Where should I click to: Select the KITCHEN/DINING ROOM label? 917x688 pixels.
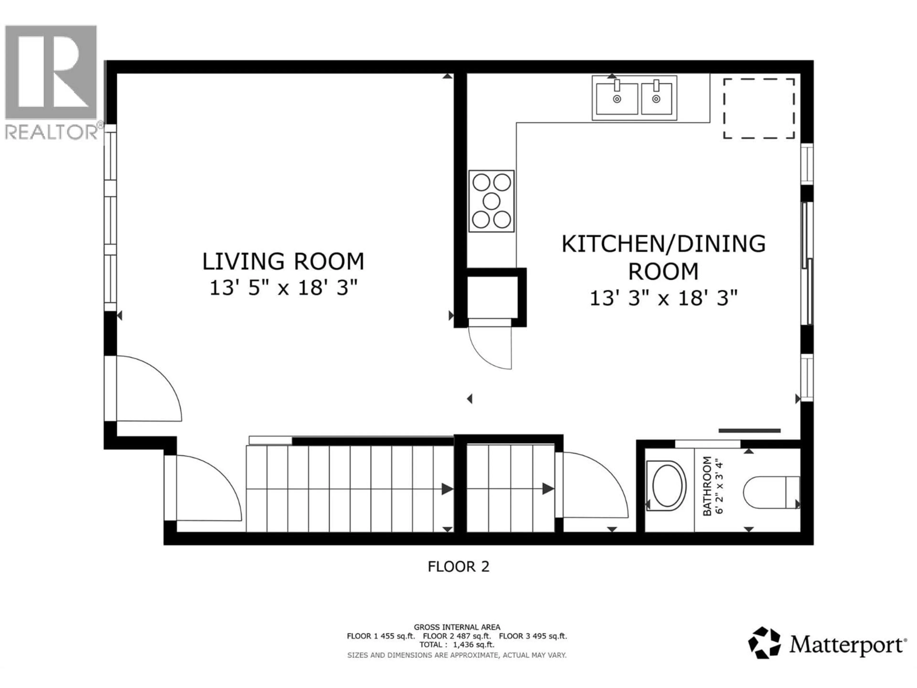click(x=663, y=257)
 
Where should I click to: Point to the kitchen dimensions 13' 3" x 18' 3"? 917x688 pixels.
click(x=663, y=298)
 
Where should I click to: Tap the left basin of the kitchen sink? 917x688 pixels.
click(x=617, y=99)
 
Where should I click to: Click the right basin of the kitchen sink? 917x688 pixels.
click(x=656, y=99)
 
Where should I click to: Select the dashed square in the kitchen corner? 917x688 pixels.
click(x=759, y=109)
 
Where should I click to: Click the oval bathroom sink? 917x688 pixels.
click(x=667, y=485)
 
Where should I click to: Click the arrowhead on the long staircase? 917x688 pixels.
click(x=447, y=489)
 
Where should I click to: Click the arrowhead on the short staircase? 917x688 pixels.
click(x=548, y=489)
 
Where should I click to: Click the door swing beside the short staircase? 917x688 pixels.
click(x=593, y=485)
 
